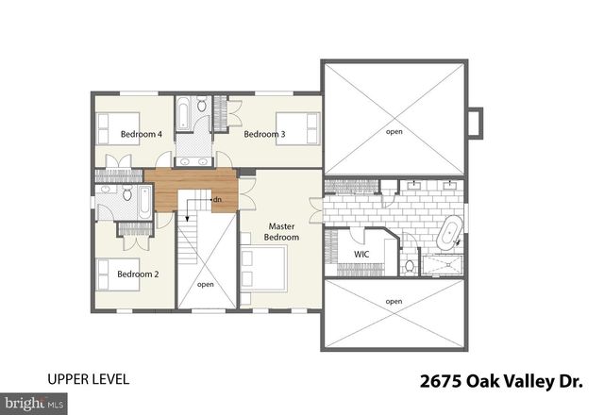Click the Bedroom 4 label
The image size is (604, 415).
[141, 134]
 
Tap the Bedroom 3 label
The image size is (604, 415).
[264, 134]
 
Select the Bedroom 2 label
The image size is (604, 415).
[138, 274]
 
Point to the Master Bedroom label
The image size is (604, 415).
[281, 232]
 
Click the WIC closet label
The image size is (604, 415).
[361, 254]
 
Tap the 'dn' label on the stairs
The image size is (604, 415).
[217, 199]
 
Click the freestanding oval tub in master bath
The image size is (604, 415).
[449, 232]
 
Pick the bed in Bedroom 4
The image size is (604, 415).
[117, 128]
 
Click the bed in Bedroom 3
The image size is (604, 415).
[298, 128]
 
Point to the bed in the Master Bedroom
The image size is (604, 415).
[263, 269]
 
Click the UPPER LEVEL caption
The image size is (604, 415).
[88, 379]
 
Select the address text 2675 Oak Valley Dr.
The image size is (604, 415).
[501, 381]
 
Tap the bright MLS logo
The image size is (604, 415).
[34, 404]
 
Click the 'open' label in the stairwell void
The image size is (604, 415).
[206, 285]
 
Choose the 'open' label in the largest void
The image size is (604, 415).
[394, 132]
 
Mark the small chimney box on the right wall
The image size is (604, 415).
[476, 123]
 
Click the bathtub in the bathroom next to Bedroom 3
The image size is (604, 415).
[183, 112]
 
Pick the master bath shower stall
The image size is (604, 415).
[442, 265]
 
